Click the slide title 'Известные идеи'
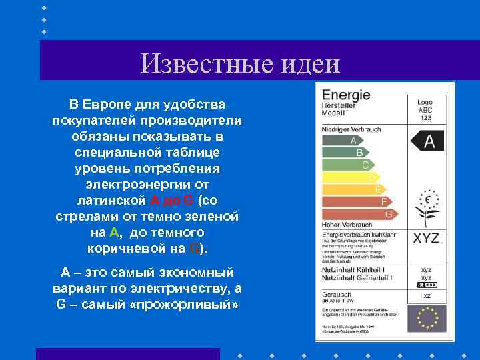pyautogui.click(x=240, y=63)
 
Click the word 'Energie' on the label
pyautogui.click(x=346, y=95)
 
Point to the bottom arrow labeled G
pyautogui.click(x=360, y=214)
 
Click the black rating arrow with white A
pyautogui.click(x=427, y=141)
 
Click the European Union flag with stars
pyautogui.click(x=427, y=318)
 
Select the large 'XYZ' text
pyautogui.click(x=427, y=238)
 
